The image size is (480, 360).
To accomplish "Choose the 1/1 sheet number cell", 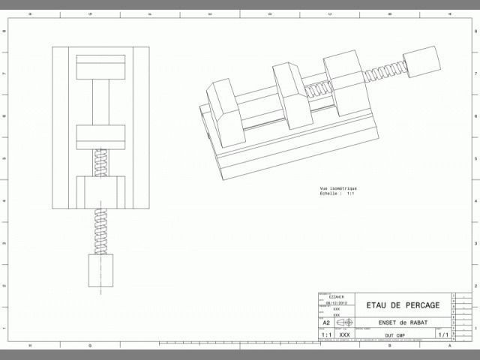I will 442,334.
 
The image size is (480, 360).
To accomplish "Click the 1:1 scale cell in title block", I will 326,334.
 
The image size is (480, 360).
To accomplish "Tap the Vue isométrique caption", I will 338,188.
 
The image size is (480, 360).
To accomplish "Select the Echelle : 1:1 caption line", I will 337,193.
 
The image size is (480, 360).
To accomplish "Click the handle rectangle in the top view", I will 100,270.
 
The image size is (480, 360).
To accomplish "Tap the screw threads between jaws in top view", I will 100,163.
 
